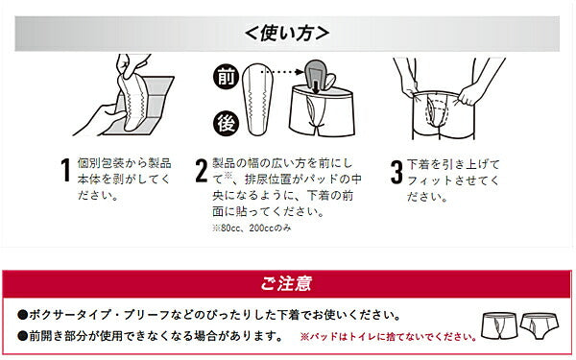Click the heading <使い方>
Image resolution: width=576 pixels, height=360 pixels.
(x=287, y=34)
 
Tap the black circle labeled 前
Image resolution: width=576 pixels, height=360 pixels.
(x=226, y=78)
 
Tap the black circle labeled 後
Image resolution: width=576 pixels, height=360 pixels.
(x=226, y=123)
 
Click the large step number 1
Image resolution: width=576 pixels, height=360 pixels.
(x=65, y=170)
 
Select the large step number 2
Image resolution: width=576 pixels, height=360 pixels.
(x=202, y=170)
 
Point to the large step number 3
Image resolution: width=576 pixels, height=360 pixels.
(x=396, y=171)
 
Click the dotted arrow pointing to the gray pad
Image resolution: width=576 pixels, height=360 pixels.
(x=282, y=72)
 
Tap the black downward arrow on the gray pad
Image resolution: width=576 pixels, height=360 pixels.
(x=315, y=86)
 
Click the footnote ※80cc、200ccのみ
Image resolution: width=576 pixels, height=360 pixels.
(x=252, y=228)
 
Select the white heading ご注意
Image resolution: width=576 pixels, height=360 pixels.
(x=287, y=284)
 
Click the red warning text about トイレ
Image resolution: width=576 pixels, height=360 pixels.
(x=389, y=337)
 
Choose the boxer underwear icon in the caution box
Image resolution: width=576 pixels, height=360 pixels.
(x=499, y=326)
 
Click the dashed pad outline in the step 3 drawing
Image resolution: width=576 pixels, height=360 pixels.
(x=437, y=110)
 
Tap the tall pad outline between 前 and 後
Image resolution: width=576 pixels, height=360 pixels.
(x=258, y=99)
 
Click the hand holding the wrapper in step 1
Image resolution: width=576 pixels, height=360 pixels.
(x=99, y=119)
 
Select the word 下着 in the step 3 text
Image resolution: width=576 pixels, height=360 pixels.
(x=419, y=164)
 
